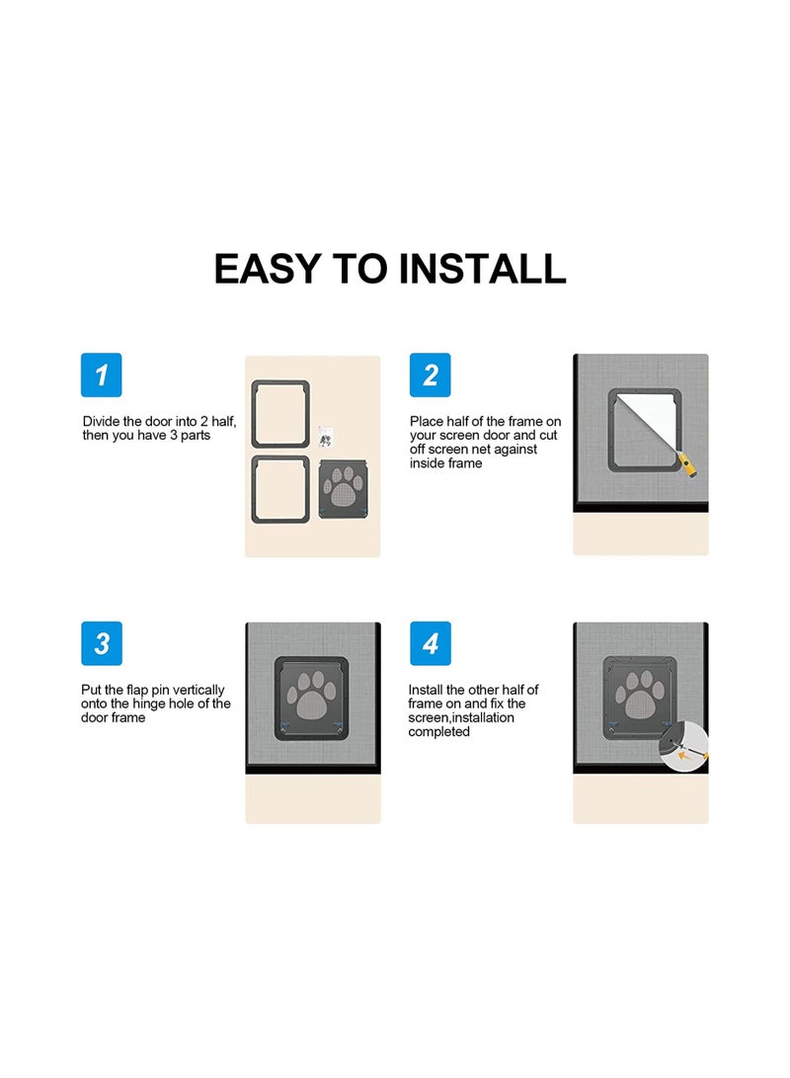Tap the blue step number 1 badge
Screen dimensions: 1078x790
click(x=102, y=375)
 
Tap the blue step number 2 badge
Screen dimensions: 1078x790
click(x=431, y=375)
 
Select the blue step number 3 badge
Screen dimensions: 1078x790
click(x=102, y=643)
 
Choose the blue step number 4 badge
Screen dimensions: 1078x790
click(x=431, y=643)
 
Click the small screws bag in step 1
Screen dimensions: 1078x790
click(x=326, y=436)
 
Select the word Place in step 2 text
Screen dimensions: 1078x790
click(x=427, y=421)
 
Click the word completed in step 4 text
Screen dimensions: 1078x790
click(x=438, y=732)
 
